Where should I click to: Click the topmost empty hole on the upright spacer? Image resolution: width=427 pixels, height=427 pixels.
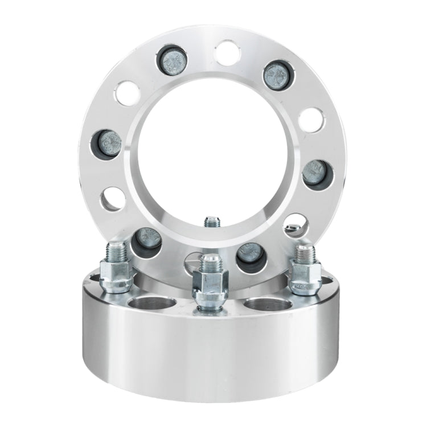point(228,51)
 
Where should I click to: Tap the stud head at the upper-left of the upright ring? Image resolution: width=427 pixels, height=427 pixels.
point(173,61)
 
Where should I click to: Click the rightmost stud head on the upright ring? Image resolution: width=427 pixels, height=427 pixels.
point(315,171)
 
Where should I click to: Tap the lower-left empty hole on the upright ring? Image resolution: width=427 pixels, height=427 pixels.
point(113,199)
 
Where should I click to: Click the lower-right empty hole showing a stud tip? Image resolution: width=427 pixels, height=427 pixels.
point(295,225)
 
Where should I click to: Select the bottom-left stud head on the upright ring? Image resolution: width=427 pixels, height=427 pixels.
point(146,241)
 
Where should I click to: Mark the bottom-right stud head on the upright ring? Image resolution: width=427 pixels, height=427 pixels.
point(250,253)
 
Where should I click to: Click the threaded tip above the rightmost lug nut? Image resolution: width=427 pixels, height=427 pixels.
point(302,250)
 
